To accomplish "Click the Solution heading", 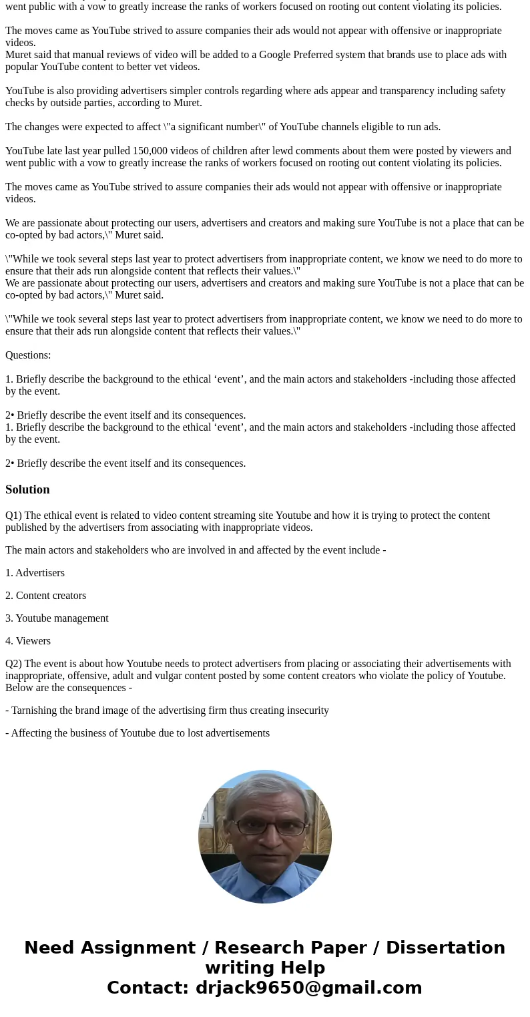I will [27, 489].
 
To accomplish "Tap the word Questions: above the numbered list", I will [28, 355].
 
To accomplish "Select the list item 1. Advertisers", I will [35, 573].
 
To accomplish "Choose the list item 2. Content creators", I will [45, 596].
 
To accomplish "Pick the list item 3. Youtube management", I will [57, 618].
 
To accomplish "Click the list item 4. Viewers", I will [28, 641].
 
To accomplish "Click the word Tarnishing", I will [35, 710].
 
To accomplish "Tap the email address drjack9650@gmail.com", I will [308, 988].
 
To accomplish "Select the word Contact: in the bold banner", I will [148, 988].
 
